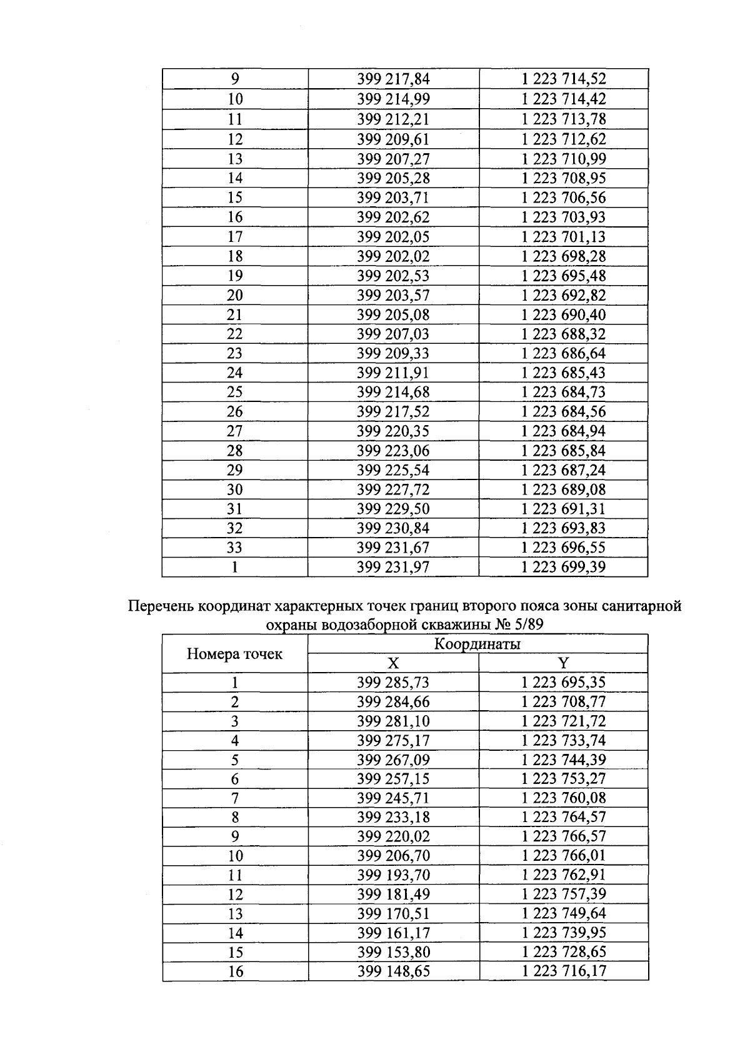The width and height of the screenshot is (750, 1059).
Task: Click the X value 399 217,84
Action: (393, 79)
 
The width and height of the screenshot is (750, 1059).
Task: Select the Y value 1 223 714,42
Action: (564, 99)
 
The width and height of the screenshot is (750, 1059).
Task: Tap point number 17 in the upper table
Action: (234, 237)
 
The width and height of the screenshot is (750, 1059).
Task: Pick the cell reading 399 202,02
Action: (393, 256)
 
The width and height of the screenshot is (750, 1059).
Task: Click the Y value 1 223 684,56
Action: (564, 411)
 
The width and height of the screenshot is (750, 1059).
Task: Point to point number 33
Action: (234, 548)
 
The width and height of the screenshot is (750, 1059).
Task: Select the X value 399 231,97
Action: (393, 567)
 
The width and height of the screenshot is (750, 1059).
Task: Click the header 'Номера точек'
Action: (234, 655)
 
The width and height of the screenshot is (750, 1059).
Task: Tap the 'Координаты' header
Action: (477, 645)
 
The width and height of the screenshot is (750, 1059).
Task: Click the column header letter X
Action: (393, 663)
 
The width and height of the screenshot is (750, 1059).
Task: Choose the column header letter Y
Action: (564, 663)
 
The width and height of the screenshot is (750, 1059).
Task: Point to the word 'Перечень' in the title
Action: (160, 606)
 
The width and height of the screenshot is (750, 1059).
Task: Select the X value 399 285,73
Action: (393, 683)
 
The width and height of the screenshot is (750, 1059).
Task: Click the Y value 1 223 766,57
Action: (564, 836)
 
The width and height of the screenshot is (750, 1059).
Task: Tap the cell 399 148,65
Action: (393, 971)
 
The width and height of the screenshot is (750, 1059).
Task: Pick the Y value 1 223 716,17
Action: (564, 971)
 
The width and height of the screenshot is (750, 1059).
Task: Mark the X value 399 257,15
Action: (393, 779)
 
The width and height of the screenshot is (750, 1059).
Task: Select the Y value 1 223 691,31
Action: (564, 509)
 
